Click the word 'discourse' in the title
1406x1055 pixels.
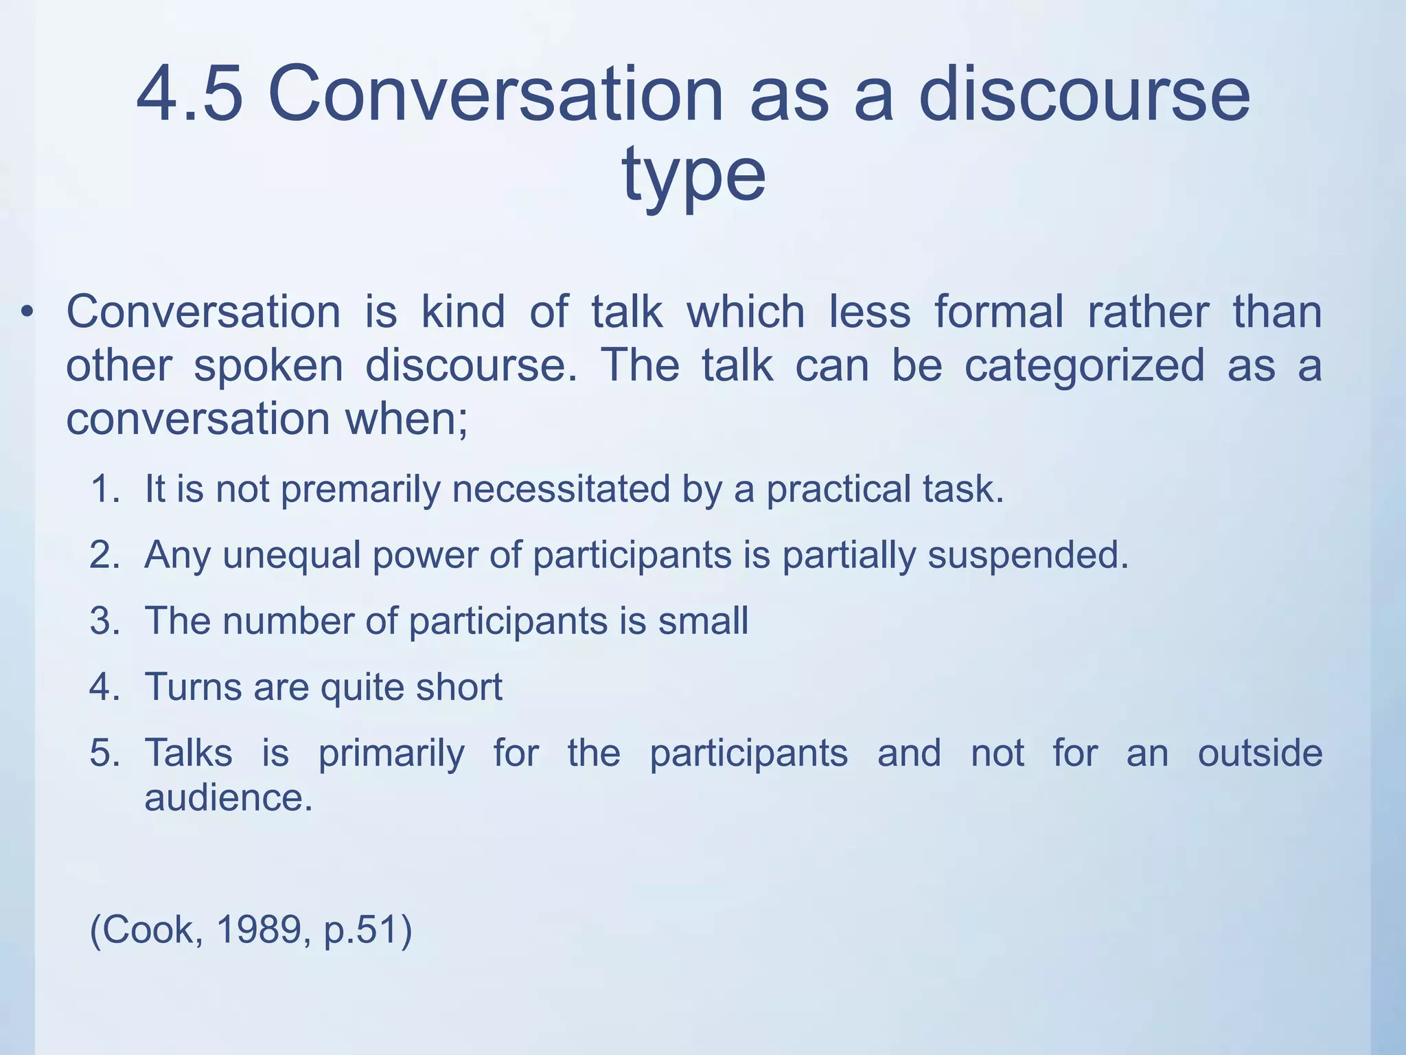tap(1084, 94)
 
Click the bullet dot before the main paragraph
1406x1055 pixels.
tap(27, 313)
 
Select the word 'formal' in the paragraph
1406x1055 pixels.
tap(999, 312)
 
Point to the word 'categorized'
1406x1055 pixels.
tap(1084, 365)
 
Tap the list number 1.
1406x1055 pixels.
tap(104, 490)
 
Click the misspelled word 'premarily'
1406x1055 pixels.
tap(360, 490)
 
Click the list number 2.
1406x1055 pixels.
tap(104, 555)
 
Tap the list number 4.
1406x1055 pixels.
tap(104, 687)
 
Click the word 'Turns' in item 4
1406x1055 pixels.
tap(193, 687)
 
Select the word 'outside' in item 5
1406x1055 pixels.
tap(1260, 753)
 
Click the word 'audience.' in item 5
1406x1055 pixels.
tap(229, 797)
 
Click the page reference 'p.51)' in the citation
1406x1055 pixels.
tap(367, 930)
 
